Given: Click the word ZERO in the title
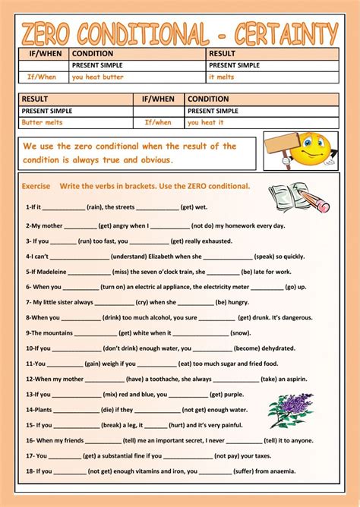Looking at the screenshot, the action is click(54, 33).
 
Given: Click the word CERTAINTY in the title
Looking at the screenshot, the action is click(289, 33).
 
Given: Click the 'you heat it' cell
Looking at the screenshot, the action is click(206, 122).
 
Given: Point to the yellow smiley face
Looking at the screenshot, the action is click(309, 150).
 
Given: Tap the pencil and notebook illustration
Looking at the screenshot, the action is click(298, 197).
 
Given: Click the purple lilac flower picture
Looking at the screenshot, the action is click(290, 410).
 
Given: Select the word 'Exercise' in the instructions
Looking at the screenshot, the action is click(36, 186).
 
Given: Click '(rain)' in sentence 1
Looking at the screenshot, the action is click(95, 206).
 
